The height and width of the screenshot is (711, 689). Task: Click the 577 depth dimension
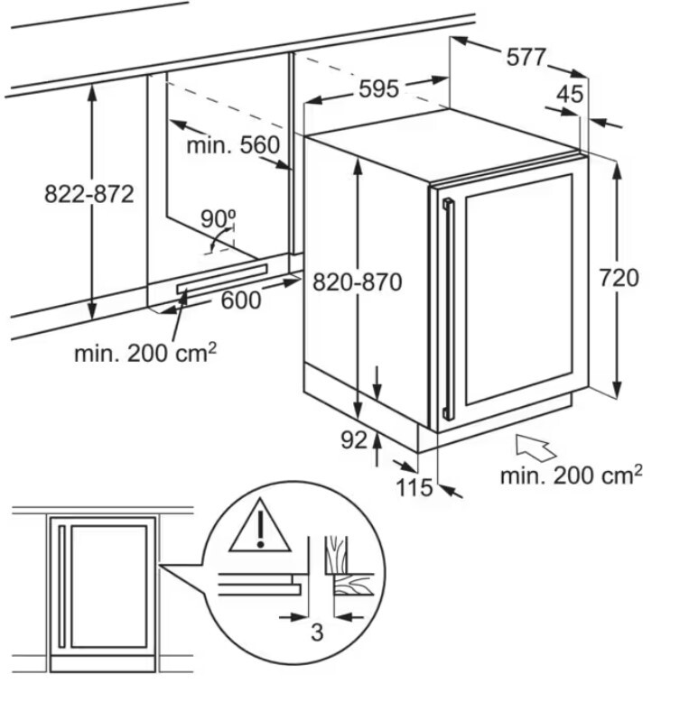click(x=526, y=58)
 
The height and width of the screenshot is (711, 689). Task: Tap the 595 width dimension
click(x=378, y=88)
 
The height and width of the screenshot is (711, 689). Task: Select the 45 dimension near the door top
click(x=570, y=95)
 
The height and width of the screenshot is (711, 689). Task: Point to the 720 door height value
click(x=619, y=278)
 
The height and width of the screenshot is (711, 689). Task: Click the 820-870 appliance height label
click(x=358, y=282)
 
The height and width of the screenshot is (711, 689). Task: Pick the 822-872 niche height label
click(x=89, y=194)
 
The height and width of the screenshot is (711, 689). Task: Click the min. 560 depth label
click(x=233, y=145)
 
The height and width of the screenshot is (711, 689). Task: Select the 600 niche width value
click(x=241, y=300)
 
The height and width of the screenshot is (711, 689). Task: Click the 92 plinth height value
click(x=354, y=439)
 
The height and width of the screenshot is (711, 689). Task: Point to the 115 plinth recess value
click(x=414, y=488)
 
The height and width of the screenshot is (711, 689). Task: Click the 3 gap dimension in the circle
click(x=317, y=633)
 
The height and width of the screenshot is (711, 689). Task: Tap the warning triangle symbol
click(x=260, y=526)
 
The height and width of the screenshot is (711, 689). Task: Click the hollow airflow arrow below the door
click(x=535, y=448)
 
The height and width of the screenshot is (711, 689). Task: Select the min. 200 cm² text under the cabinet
click(x=145, y=352)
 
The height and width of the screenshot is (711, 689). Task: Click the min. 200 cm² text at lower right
click(x=571, y=476)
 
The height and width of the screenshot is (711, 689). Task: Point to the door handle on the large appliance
click(x=449, y=309)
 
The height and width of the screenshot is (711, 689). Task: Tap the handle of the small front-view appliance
click(x=62, y=586)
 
